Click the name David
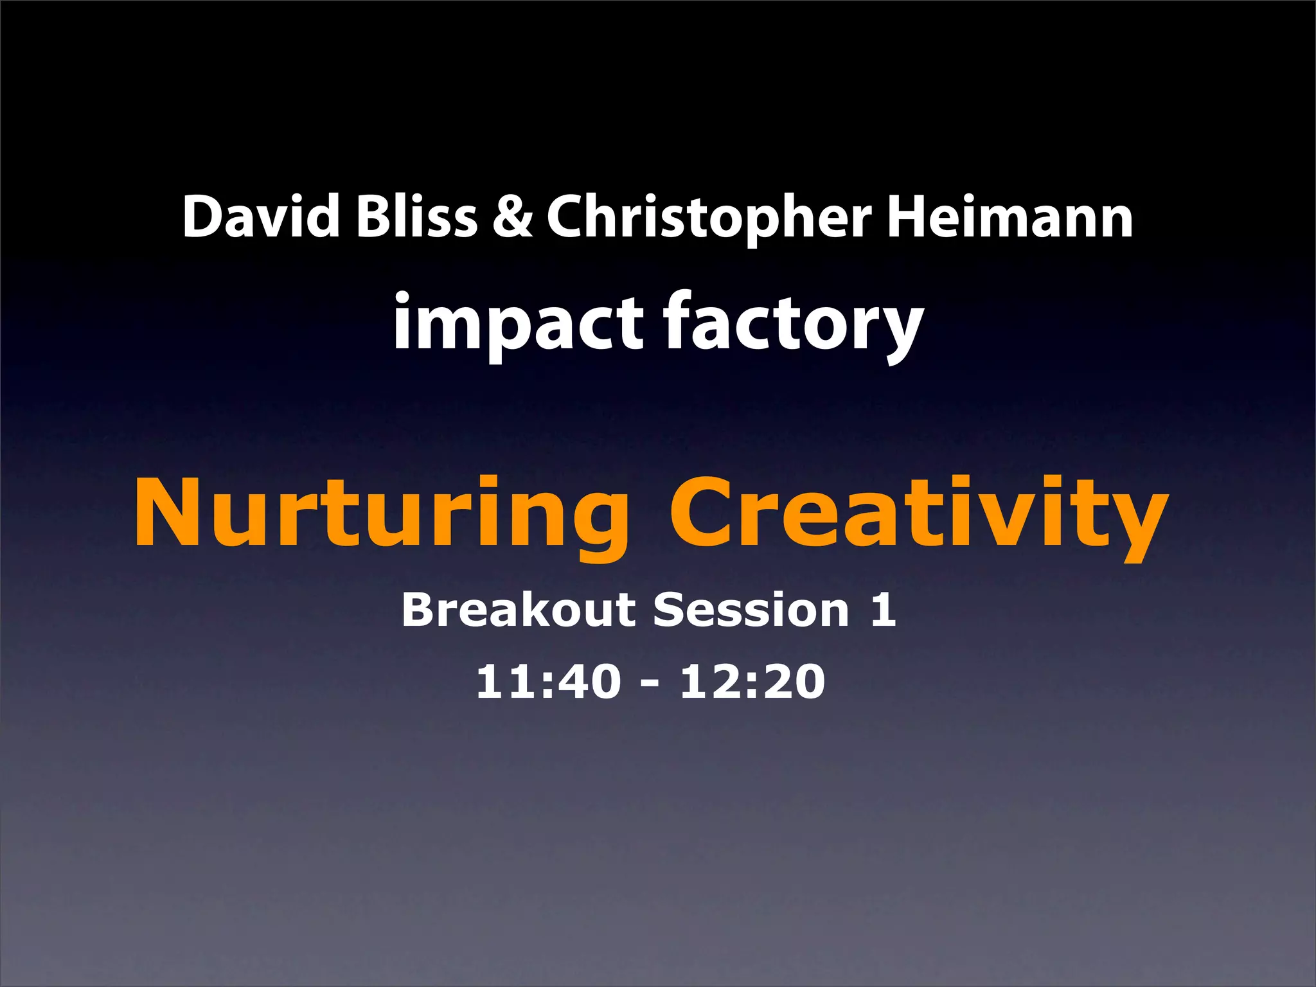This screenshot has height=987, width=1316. (261, 217)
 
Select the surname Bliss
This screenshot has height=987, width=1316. (416, 217)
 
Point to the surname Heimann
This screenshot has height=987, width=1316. (1010, 217)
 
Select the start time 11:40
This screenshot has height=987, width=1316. (548, 682)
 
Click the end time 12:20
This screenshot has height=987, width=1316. (752, 682)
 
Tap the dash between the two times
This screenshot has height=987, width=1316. (650, 685)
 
